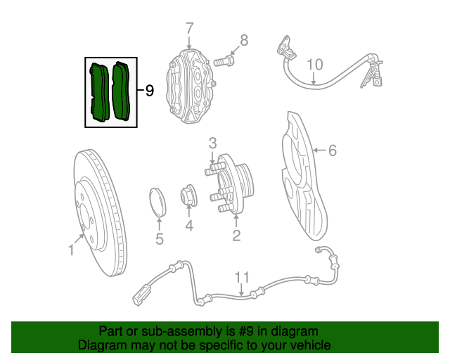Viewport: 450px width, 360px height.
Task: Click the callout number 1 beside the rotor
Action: point(71,250)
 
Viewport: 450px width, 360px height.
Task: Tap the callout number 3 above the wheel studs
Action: point(212,143)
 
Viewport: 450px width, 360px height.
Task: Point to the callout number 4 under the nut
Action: point(189,225)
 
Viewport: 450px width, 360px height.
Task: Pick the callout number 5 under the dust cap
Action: point(160,239)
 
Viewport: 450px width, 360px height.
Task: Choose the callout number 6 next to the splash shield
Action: point(333,150)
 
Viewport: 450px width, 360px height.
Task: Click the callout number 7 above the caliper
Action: point(189,29)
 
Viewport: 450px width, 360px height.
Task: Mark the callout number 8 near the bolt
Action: point(244,40)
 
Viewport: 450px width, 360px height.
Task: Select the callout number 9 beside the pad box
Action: point(148,91)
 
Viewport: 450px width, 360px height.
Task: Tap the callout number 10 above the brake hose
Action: point(314,65)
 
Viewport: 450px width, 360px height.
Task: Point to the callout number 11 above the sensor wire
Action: point(242,276)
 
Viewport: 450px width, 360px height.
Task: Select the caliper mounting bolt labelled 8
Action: point(223,62)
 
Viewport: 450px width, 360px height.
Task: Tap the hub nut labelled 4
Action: point(189,195)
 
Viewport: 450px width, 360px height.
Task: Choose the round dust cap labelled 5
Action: point(159,200)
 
